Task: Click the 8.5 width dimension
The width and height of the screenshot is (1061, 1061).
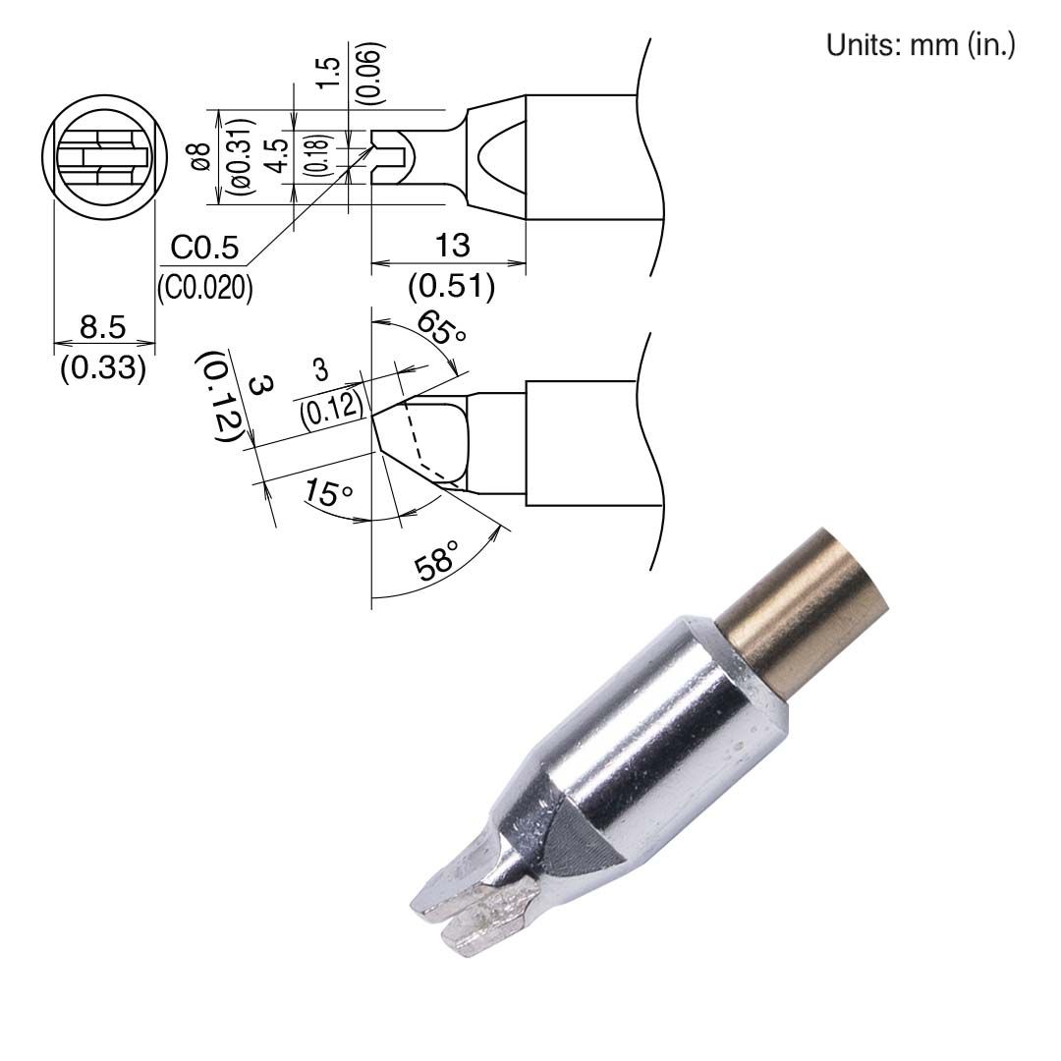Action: pyautogui.click(x=102, y=327)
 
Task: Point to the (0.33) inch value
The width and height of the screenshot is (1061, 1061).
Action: pyautogui.click(x=103, y=368)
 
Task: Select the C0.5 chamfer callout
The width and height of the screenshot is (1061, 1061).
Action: pyautogui.click(x=203, y=250)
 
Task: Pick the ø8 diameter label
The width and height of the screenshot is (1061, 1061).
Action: pyautogui.click(x=200, y=157)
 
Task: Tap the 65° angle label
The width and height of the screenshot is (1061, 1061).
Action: pyautogui.click(x=441, y=327)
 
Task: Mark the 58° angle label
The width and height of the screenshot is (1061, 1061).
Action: pyautogui.click(x=438, y=560)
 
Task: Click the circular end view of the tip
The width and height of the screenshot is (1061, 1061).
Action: pyautogui.click(x=99, y=157)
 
